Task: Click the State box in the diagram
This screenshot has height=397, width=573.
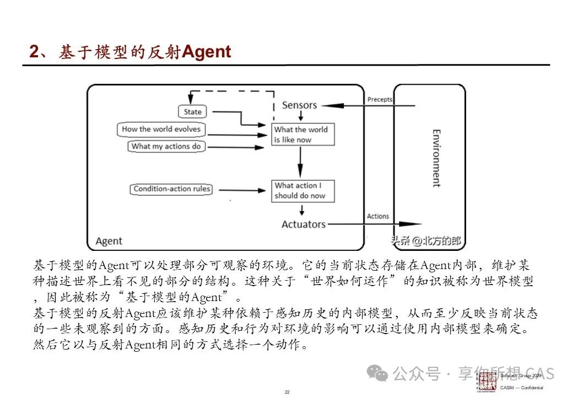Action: pyautogui.click(x=193, y=111)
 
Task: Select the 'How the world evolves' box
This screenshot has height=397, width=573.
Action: pyautogui.click(x=161, y=130)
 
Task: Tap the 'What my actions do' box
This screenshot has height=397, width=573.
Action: pyautogui.click(x=166, y=146)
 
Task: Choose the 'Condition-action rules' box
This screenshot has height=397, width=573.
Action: pyautogui.click(x=172, y=189)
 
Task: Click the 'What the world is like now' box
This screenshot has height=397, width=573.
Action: pyautogui.click(x=302, y=135)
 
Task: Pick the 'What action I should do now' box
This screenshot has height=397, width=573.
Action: pyautogui.click(x=302, y=191)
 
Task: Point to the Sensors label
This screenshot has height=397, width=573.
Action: pyautogui.click(x=299, y=105)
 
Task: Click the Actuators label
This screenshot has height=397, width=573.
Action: pyautogui.click(x=304, y=224)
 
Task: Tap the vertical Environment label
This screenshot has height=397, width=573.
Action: pyautogui.click(x=436, y=159)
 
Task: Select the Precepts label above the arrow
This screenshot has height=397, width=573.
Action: pyautogui.click(x=380, y=99)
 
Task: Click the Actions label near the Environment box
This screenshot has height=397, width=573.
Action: pyautogui.click(x=378, y=216)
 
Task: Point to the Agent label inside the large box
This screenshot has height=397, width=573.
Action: pyautogui.click(x=109, y=241)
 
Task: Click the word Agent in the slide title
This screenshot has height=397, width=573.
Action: pyautogui.click(x=206, y=52)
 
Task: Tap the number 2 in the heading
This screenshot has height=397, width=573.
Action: pyautogui.click(x=34, y=52)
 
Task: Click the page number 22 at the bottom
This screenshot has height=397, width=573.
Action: pyautogui.click(x=286, y=392)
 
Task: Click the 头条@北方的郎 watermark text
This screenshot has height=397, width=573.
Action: pyautogui.click(x=425, y=240)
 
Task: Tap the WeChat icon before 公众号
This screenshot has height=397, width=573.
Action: pyautogui.click(x=381, y=374)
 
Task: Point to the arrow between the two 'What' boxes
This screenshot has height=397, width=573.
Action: pyautogui.click(x=300, y=163)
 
